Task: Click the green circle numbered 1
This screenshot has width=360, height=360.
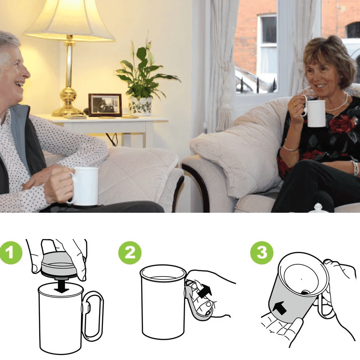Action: [x=11, y=252]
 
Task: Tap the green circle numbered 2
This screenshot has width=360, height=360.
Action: [x=130, y=252]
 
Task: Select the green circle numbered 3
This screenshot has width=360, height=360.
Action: [x=262, y=252]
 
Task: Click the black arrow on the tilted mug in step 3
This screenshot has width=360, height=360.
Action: [x=280, y=308]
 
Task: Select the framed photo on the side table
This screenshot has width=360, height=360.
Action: [x=105, y=105]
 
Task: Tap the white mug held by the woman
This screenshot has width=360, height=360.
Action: [x=316, y=113]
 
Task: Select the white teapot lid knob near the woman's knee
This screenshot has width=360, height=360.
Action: [x=318, y=207]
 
